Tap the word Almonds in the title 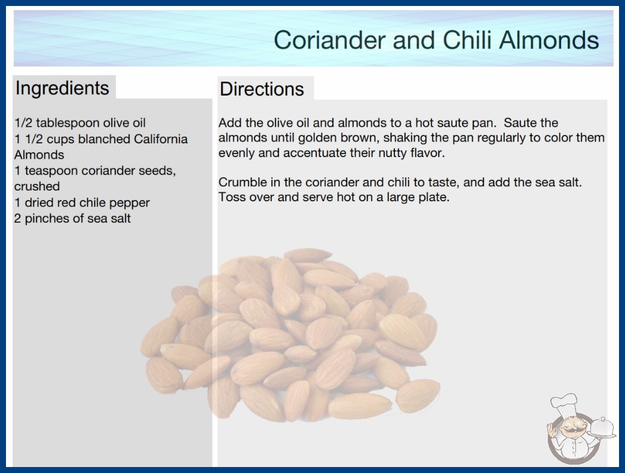tap(549, 40)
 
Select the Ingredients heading tap(62, 88)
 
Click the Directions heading tap(262, 89)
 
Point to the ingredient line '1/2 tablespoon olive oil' tap(80, 123)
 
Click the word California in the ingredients tap(161, 139)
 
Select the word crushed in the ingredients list tap(37, 186)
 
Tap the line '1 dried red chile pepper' tap(82, 202)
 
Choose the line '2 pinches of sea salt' tap(72, 219)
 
